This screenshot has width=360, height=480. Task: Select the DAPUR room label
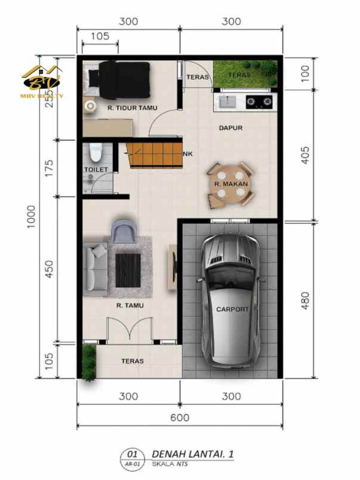pyautogui.click(x=230, y=127)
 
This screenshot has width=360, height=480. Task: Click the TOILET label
pyautogui.click(x=96, y=170)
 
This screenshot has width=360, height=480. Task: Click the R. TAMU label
pyautogui.click(x=130, y=305)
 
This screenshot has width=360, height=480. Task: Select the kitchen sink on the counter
pyautogui.click(x=227, y=101)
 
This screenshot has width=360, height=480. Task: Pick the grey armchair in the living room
pyautogui.click(x=124, y=230)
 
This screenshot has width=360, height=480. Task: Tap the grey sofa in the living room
pyautogui.click(x=96, y=269)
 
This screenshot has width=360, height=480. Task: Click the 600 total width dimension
pyautogui.click(x=179, y=418)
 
